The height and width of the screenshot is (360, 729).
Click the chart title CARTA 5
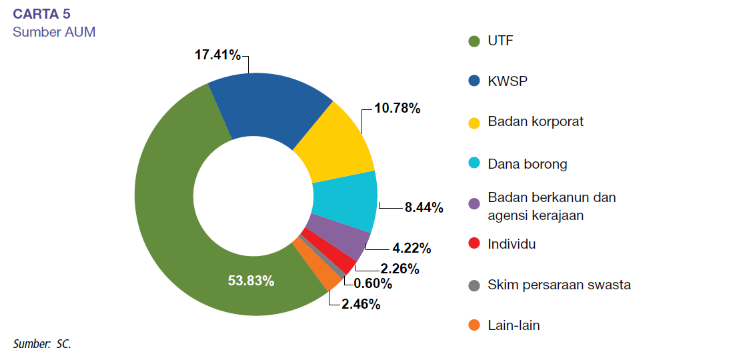click(x=42, y=15)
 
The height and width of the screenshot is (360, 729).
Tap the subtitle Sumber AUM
click(x=54, y=31)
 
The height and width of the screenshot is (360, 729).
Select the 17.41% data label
click(x=217, y=55)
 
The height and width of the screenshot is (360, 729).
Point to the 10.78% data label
click(x=397, y=108)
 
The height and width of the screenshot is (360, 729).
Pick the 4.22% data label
click(x=412, y=249)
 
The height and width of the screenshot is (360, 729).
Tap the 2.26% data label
click(x=400, y=269)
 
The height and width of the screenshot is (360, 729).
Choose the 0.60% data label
click(x=373, y=284)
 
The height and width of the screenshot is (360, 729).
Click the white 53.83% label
click(x=251, y=281)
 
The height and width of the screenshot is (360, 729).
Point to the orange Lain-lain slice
click(x=314, y=267)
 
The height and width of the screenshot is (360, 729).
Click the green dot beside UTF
click(x=474, y=41)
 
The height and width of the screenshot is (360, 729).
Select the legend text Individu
click(x=512, y=244)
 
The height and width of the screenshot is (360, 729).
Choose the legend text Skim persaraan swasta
click(x=559, y=285)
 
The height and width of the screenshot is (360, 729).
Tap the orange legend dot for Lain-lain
click(x=474, y=326)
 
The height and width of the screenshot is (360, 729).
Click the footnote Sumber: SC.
click(x=41, y=344)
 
